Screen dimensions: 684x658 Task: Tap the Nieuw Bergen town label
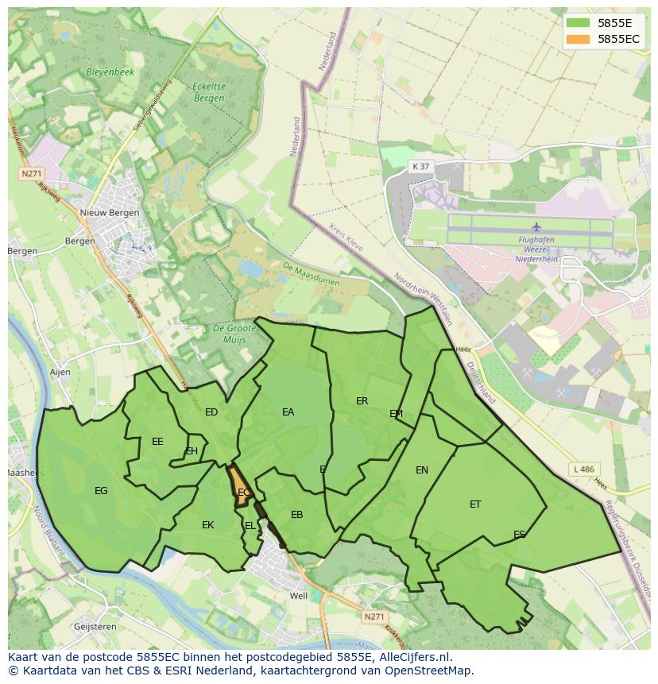coord(110,213)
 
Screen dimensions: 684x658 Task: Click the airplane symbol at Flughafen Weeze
coord(536,226)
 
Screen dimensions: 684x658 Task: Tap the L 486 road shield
coord(583,470)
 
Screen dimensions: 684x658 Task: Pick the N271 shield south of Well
coord(373,616)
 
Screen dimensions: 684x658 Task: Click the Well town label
coord(299,596)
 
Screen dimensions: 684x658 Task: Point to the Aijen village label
coord(60,372)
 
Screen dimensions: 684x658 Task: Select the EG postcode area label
coord(101,491)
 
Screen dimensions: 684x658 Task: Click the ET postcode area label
coord(475,504)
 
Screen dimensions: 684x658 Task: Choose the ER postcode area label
coord(362,401)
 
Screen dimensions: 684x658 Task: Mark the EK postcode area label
coord(207,525)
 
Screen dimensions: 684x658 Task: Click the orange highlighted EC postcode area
coord(240,487)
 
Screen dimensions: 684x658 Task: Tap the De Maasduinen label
coord(310,275)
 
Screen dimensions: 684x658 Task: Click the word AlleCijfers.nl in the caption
coord(413,657)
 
